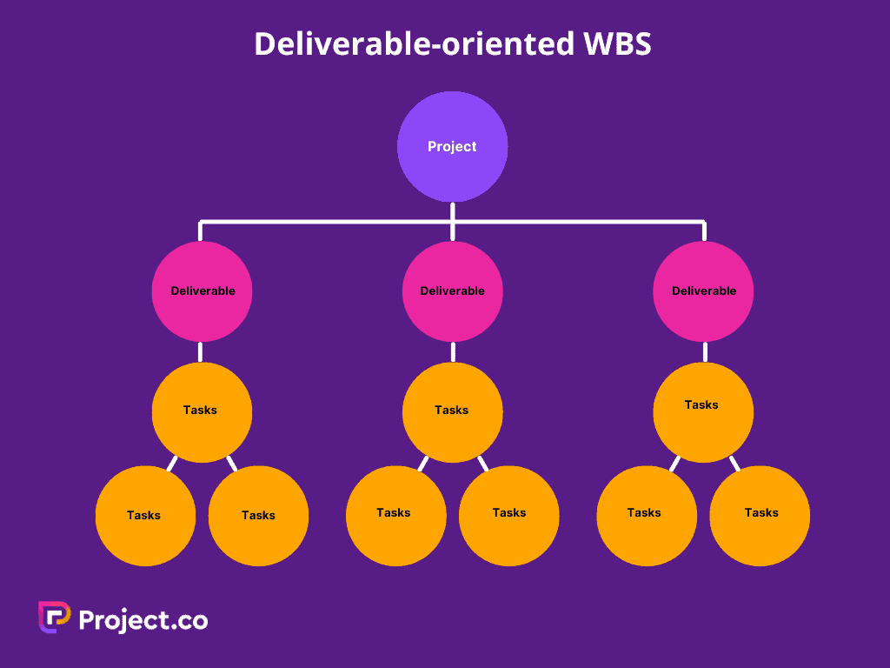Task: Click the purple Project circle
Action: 452,146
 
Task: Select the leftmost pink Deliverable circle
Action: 202,291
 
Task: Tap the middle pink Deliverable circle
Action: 452,291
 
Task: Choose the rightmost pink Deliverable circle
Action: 703,291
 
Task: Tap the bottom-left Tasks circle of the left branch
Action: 145,516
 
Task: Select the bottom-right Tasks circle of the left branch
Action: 258,516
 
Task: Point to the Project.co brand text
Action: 143,619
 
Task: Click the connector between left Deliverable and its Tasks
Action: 201,352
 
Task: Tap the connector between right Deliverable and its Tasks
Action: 704,352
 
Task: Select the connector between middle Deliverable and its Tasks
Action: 453,352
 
